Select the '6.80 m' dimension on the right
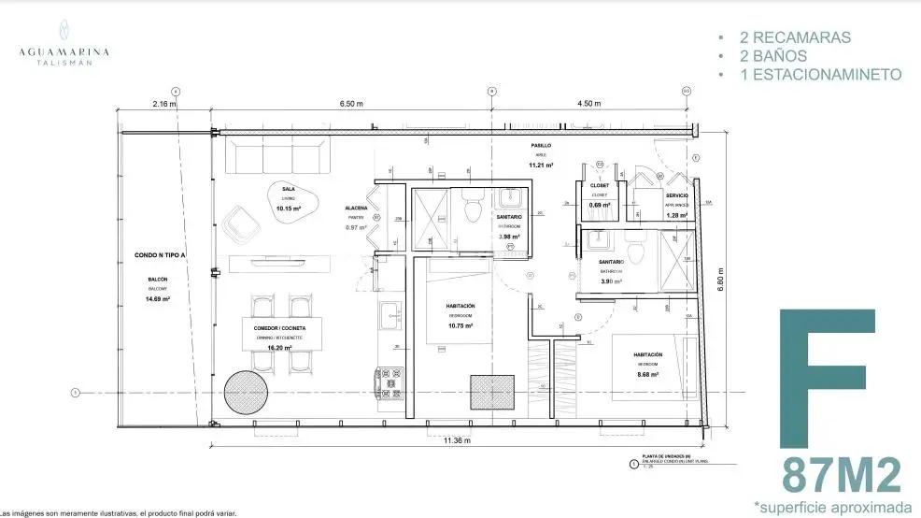click(720, 279)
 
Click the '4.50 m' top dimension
click(589, 104)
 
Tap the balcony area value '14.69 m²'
click(158, 299)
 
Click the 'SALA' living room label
click(289, 188)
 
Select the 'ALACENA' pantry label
click(356, 208)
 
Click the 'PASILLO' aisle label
click(542, 146)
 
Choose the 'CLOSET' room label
click(600, 185)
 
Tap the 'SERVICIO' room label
click(677, 194)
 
